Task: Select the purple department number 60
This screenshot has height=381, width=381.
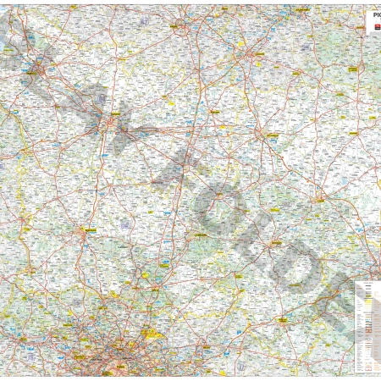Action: point(127,224)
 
